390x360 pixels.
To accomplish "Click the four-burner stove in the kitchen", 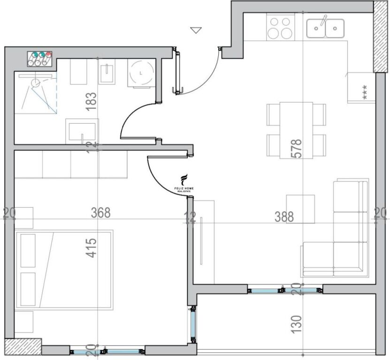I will click(x=281, y=27).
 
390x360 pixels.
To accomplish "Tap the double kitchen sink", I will click(x=325, y=28).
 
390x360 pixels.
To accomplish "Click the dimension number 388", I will click(x=284, y=217).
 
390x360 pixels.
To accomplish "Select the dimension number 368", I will click(x=100, y=213).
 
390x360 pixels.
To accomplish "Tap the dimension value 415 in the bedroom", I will click(x=92, y=248).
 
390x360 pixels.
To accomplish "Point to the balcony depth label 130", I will click(x=296, y=324).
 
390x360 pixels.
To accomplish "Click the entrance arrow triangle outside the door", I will click(x=196, y=30).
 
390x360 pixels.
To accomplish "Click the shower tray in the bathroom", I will click(x=36, y=93).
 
